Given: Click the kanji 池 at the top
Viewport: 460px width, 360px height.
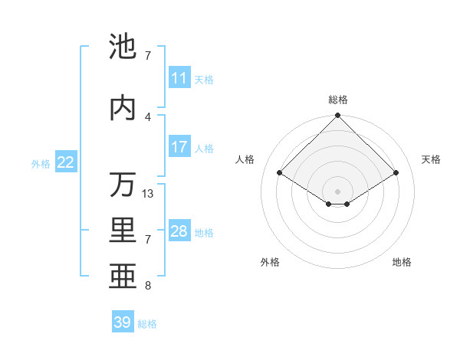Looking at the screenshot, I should tap(123, 48).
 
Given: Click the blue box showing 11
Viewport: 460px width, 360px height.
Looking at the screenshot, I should tap(179, 78).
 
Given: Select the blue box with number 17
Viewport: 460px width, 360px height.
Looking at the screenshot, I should tap(179, 147).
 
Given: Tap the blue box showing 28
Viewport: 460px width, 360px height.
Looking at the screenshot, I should tap(179, 231).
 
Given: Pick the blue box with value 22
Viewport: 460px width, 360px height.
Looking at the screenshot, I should tap(66, 162).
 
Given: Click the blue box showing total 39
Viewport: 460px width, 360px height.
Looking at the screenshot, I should tap(123, 322).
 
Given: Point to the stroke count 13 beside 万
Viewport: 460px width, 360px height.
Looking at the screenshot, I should tap(148, 194).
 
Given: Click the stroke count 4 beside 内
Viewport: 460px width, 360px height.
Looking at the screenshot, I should tap(148, 116).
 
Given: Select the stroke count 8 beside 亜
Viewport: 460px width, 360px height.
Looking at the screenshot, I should tap(148, 286).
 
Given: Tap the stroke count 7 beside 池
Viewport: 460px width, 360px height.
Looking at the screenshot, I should tap(148, 56).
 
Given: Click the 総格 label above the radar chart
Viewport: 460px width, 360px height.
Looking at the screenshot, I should tap(338, 100).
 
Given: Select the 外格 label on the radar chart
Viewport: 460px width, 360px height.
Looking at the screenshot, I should tap(270, 263).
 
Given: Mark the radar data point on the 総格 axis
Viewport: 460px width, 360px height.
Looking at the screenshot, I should tap(338, 116).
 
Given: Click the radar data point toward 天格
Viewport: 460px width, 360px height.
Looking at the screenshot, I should tap(396, 173).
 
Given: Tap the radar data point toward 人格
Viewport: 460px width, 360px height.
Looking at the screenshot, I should tap(280, 173).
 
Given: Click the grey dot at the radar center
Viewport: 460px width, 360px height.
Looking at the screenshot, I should tap(338, 191).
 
